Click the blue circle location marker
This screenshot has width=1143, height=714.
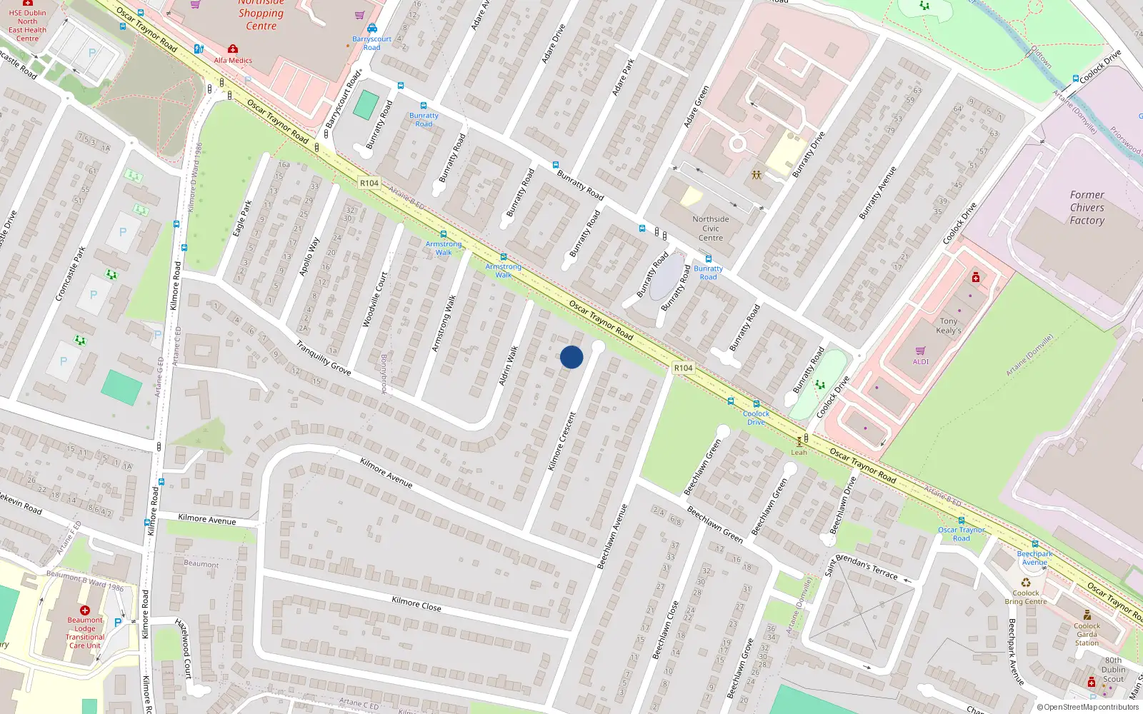click(x=571, y=357)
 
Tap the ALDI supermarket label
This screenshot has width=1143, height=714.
click(x=921, y=361)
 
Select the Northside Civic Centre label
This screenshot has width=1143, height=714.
click(x=711, y=228)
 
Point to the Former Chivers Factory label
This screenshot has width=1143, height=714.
click(x=1087, y=208)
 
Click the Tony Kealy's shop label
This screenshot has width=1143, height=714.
click(x=949, y=326)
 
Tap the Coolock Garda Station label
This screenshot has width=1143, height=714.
click(x=1087, y=634)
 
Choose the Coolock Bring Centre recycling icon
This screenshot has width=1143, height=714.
click(x=1026, y=583)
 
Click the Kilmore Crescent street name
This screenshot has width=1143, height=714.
click(x=561, y=441)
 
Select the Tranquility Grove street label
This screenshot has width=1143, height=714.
click(x=324, y=358)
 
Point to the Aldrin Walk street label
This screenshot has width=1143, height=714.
click(x=508, y=366)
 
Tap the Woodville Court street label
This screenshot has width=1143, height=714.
click(x=375, y=300)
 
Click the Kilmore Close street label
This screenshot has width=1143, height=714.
click(x=416, y=604)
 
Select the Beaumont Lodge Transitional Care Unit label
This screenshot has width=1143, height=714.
click(x=85, y=633)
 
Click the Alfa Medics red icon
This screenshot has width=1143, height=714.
click(x=233, y=49)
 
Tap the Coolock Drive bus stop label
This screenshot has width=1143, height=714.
click(x=756, y=418)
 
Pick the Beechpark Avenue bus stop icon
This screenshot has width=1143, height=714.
click(x=1035, y=544)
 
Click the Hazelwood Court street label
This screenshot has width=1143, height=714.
click(x=184, y=648)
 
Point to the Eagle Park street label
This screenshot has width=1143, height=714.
click(x=243, y=218)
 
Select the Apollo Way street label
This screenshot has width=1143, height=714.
click(x=309, y=257)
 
